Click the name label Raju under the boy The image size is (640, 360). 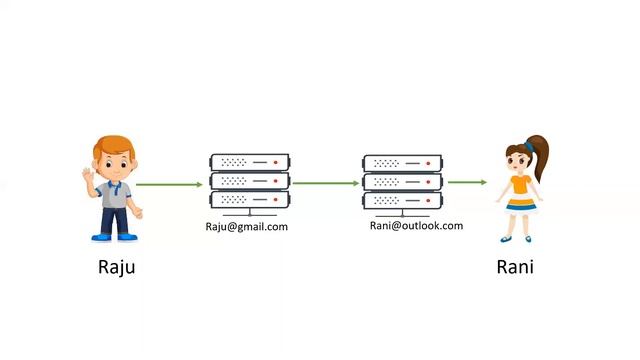click(116, 267)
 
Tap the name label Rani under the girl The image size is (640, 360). click(515, 267)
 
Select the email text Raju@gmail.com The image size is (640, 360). click(246, 227)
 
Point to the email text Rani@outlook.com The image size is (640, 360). click(417, 225)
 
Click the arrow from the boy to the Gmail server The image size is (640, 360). click(169, 184)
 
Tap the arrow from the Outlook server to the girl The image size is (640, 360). click(467, 182)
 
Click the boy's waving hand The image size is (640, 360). click(86, 177)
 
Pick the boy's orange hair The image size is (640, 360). click(114, 144)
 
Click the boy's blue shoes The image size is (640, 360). click(114, 237)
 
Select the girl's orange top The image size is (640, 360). click(519, 185)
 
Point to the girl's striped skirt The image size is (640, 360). click(519, 203)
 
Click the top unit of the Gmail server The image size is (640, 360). click(249, 162)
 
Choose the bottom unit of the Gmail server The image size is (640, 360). click(249, 199)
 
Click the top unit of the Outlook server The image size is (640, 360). click(402, 163)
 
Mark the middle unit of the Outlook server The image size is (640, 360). click(402, 182)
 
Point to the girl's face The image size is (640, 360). click(518, 159)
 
